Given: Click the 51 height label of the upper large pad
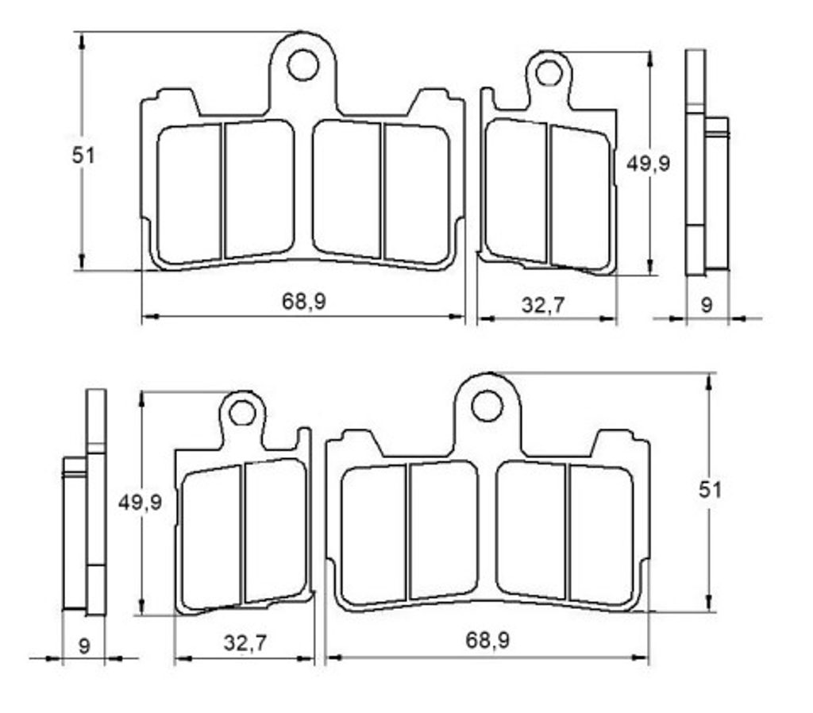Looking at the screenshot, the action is pyautogui.click(x=83, y=155).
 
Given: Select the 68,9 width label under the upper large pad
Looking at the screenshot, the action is pyautogui.click(x=304, y=301).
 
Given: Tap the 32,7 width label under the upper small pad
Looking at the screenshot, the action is pyautogui.click(x=542, y=305).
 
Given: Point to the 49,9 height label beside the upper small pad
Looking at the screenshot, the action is pyautogui.click(x=648, y=164).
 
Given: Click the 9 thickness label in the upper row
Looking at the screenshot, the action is pyautogui.click(x=707, y=305).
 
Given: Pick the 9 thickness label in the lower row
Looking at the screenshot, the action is pyautogui.click(x=84, y=646).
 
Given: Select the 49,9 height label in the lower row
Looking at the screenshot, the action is pyautogui.click(x=140, y=502).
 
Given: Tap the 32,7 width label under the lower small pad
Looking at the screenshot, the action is pyautogui.click(x=245, y=643).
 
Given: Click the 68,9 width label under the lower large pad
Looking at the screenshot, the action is pyautogui.click(x=487, y=640).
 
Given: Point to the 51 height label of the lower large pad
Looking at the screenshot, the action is pyautogui.click(x=710, y=489).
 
